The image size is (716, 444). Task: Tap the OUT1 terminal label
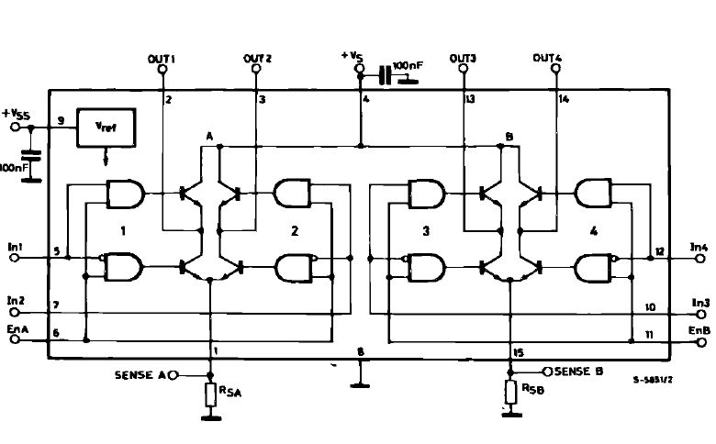[x=162, y=59]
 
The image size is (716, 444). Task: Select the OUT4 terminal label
[x=547, y=58]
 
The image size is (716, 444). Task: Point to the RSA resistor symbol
[x=210, y=394]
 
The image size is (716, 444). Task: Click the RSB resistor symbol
[x=511, y=392]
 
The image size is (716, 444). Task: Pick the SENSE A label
[x=140, y=375]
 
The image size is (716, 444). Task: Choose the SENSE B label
[x=579, y=372]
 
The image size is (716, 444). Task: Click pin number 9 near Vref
[x=61, y=121]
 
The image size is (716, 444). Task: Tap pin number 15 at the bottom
[x=519, y=353]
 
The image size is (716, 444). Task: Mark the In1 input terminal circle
[x=15, y=258]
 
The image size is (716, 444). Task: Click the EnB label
[x=699, y=330]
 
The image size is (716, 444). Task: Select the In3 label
[x=701, y=303]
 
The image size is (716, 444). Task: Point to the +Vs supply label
[x=352, y=56]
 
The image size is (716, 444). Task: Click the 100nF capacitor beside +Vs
[x=386, y=75]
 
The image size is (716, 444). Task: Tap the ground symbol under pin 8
[x=360, y=385]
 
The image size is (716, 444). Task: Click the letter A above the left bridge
[x=209, y=136]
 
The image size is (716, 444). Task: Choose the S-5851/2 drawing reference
[x=653, y=380]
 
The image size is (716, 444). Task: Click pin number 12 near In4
[x=660, y=251]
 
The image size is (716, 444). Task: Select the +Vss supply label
[x=16, y=114]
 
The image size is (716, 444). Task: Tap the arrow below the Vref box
[x=106, y=157]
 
